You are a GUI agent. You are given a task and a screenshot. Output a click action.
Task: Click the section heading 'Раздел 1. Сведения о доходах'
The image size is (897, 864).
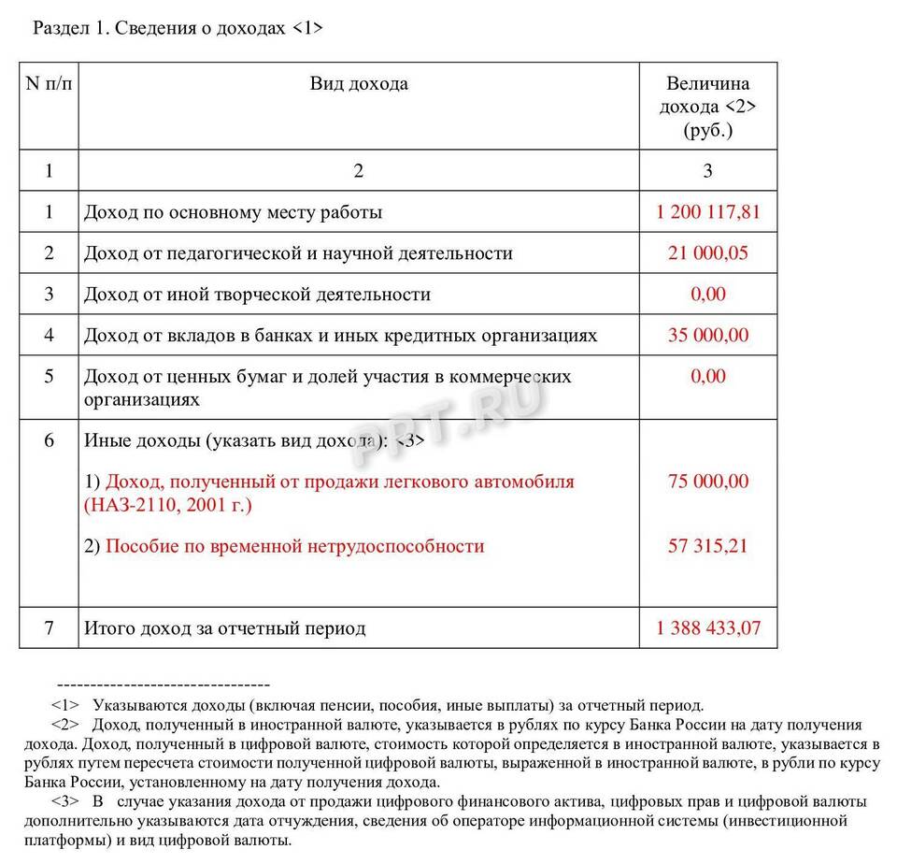178,28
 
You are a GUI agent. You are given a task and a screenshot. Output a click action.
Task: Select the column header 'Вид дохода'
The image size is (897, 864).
359,84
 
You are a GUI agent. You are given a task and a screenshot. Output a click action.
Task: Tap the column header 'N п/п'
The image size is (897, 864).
49,84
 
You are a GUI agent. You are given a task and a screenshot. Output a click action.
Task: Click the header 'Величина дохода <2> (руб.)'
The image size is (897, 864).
707,107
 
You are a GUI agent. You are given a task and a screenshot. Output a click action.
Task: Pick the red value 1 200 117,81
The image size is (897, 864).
708,212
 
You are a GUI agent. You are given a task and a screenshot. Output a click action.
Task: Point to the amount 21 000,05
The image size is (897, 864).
708,253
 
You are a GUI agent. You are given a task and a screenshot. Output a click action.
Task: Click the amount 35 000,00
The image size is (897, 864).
708,335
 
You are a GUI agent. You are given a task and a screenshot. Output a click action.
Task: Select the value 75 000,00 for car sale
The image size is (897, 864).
708,482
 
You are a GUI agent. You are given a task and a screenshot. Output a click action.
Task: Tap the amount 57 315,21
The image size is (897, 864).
708,546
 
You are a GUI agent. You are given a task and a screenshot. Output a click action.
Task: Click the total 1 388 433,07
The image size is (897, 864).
708,628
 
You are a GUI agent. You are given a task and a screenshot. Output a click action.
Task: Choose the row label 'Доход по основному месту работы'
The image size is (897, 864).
233,212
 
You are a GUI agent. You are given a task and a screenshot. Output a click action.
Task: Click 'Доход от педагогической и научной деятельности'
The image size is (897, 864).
298,253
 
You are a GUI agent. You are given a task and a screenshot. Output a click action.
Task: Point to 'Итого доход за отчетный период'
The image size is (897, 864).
224,628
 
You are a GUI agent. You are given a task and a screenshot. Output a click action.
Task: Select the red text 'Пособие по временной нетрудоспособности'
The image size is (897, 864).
294,546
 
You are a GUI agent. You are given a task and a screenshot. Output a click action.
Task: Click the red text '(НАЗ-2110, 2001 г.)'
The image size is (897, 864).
168,505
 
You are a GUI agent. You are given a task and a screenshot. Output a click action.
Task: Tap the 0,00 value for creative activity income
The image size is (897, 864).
708,295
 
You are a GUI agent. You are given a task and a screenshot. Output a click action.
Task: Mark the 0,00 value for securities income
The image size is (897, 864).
708,376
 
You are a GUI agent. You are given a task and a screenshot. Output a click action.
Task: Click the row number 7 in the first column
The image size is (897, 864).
49,628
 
